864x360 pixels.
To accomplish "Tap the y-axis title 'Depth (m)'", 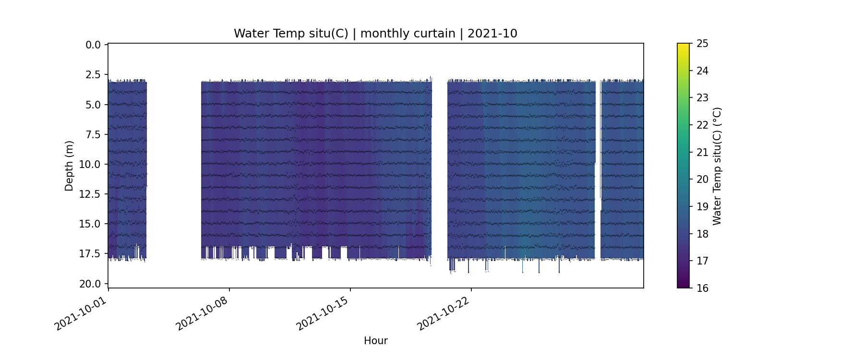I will click(69, 166).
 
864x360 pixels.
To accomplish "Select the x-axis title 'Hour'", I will click(375, 341).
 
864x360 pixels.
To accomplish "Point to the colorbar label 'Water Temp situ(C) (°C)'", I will click(717, 166).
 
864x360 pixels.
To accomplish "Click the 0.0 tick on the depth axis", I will click(93, 45).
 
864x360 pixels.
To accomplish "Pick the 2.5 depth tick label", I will click(93, 75).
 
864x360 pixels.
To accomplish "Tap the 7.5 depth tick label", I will click(93, 134).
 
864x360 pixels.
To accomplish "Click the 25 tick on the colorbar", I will click(702, 44).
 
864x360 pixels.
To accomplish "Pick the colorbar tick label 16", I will click(702, 288).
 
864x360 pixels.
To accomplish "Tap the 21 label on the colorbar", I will click(702, 152).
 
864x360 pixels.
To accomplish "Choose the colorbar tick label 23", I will click(702, 98).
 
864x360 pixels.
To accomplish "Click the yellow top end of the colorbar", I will click(683, 46).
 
